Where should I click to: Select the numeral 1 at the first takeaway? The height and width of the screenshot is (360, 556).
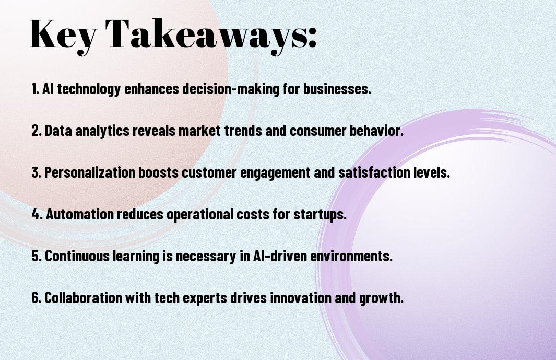click(x=34, y=89)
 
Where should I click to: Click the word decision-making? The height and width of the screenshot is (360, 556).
click(x=231, y=89)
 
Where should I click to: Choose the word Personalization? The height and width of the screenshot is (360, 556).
click(x=90, y=172)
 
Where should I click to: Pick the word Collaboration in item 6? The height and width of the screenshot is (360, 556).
click(x=84, y=297)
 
